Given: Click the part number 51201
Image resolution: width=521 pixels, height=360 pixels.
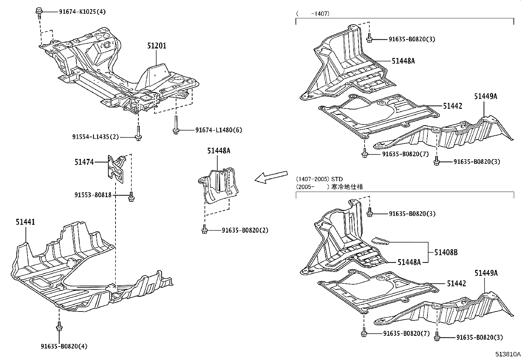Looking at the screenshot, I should point(156,46).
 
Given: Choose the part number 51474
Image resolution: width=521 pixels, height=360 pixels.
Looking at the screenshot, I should point(84,162).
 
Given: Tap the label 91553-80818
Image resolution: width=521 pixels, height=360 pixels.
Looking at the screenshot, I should point(93,195).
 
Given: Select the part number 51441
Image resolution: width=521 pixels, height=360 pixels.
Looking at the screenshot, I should point(26,222).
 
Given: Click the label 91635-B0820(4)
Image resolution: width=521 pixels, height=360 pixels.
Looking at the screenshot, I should point(64,346).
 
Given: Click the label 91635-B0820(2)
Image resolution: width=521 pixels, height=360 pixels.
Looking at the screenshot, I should point(245,230).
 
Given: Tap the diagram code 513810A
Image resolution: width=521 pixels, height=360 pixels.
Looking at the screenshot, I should point(507,354).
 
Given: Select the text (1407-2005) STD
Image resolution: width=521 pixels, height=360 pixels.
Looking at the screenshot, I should point(319,179).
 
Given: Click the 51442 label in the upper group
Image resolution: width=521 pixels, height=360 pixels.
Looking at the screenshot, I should point(453,106).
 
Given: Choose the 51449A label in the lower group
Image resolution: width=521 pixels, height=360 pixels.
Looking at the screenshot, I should point(486,273).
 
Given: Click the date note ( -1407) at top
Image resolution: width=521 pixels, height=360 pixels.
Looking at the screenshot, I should point(313,14).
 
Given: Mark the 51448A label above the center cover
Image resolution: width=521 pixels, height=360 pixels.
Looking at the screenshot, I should point(219,151).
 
